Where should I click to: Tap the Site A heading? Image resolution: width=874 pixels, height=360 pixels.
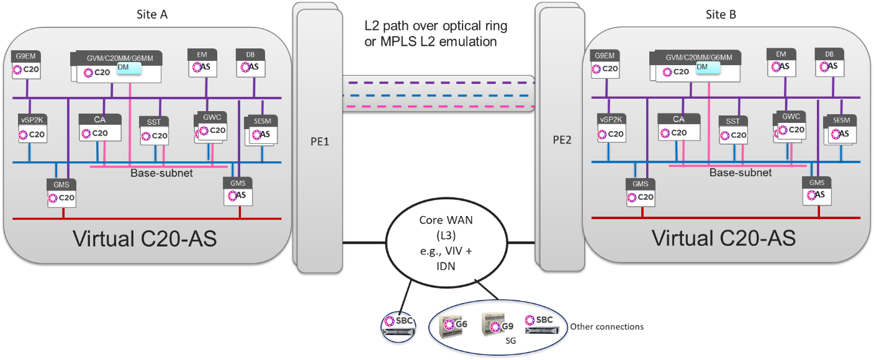(x=151, y=14)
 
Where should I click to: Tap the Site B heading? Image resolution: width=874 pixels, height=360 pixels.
(x=722, y=14)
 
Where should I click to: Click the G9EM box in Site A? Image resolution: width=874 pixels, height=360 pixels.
(x=27, y=65)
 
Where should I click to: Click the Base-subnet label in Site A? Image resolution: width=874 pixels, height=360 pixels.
(x=161, y=173)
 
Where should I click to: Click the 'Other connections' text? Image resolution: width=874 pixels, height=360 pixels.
(x=607, y=326)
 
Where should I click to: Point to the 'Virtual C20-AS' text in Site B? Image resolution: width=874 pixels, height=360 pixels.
(x=723, y=238)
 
